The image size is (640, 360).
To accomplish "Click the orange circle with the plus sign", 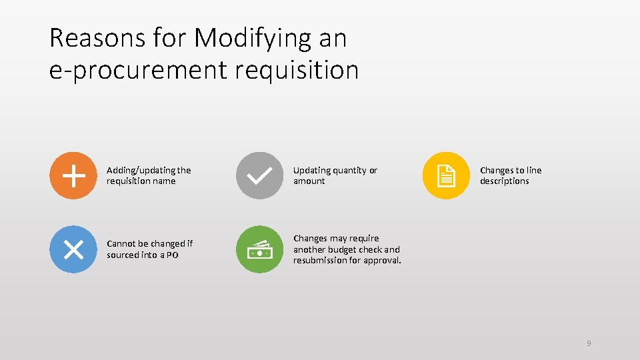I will [x=73, y=176].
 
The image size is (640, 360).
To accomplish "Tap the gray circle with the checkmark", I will [x=259, y=176].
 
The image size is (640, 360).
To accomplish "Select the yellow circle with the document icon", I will [x=446, y=176].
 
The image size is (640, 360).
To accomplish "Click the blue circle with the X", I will [x=73, y=249].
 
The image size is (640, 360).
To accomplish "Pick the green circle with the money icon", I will [x=259, y=249].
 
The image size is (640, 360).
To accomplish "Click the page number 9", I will [x=589, y=343].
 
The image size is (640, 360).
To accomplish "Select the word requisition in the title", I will [x=297, y=69].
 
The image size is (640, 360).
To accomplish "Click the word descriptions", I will [x=504, y=181].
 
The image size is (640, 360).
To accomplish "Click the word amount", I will [x=309, y=181].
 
